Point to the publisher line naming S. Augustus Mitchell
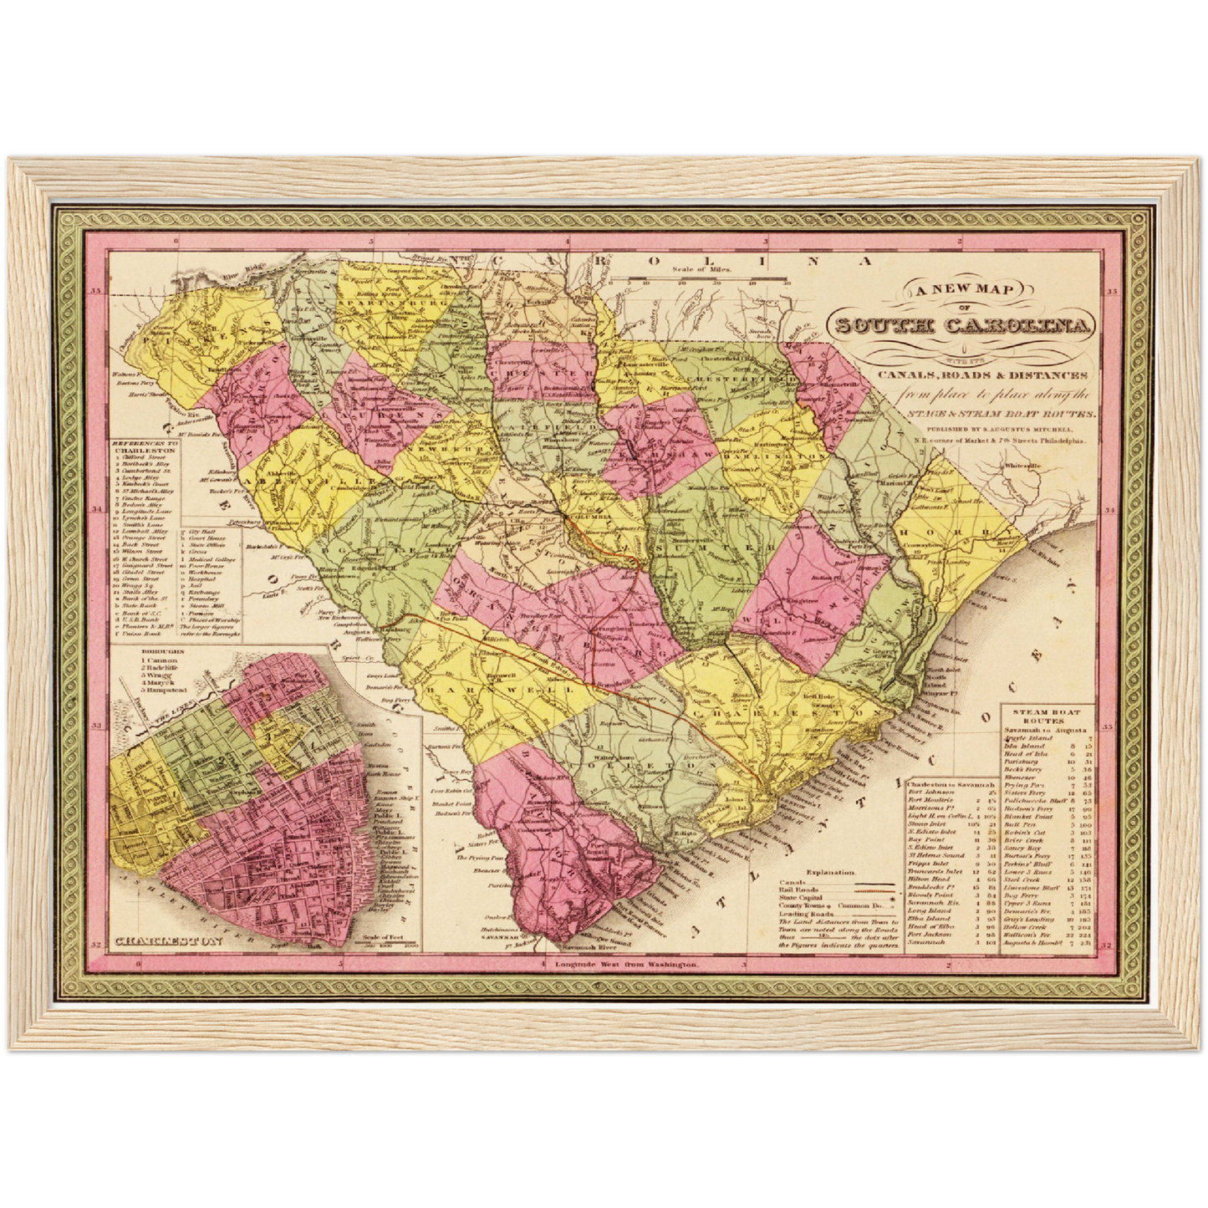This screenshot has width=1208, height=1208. coord(990,428)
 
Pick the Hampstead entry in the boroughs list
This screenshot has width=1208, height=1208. coord(158,691)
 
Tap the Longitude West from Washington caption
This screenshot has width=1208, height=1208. coord(624,965)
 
